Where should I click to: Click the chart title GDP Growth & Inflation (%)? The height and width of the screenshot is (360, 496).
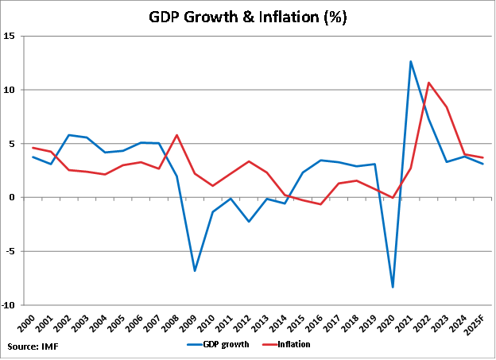coord(247,17)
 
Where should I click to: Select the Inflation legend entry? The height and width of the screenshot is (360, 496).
coord(285,344)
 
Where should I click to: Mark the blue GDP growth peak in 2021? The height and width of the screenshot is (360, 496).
coord(410,61)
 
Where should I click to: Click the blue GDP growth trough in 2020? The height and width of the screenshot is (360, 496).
coord(393,287)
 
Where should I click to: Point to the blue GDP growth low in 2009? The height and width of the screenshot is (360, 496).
coord(195,271)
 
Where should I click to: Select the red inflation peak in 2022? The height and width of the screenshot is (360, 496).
coord(428,83)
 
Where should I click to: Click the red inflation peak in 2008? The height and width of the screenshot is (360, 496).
coord(176,135)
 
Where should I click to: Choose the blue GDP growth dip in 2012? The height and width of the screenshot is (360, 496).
coord(249,222)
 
